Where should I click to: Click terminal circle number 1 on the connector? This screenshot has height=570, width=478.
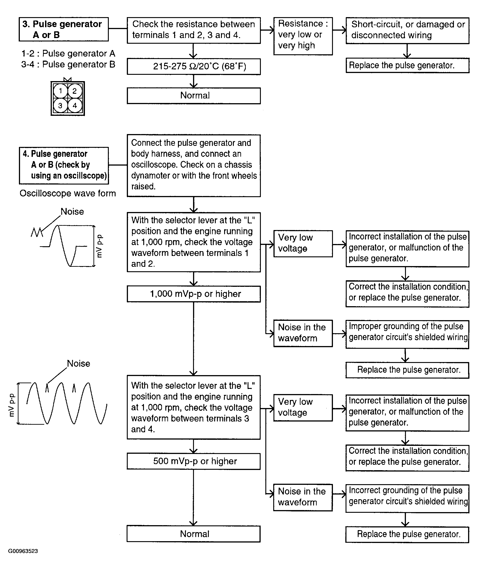point(60,91)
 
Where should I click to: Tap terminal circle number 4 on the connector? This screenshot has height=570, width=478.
point(75,106)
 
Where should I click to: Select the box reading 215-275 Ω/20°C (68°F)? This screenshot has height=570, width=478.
point(193,66)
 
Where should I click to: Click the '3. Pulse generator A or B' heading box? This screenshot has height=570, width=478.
point(64,29)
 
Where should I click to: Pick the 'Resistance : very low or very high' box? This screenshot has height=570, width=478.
point(303,36)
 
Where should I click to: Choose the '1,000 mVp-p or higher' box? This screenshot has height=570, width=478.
point(193,294)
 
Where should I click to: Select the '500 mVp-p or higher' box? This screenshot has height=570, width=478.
point(193,461)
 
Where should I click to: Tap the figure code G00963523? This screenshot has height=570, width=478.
point(23,551)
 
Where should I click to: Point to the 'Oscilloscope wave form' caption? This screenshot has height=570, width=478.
point(68,194)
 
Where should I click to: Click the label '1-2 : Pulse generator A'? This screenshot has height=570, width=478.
point(68,53)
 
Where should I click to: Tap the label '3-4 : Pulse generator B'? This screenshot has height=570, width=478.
point(68,65)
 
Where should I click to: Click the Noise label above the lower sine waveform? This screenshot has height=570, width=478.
point(78,364)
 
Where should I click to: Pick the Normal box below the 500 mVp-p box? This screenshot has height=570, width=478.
point(193,534)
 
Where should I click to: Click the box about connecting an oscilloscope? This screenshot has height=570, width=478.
point(193,166)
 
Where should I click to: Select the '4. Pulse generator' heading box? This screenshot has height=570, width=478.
point(64,165)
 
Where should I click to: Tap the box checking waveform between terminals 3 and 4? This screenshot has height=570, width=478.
point(193,407)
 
